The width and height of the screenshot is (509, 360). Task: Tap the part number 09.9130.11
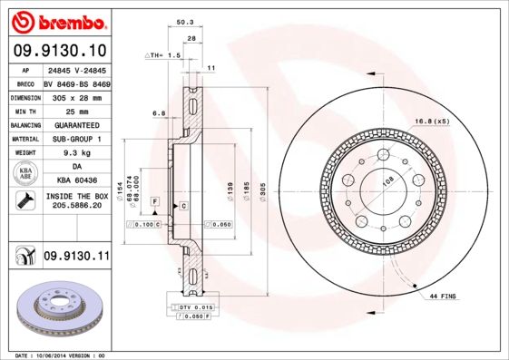[76, 257]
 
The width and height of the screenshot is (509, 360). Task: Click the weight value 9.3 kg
[76, 154]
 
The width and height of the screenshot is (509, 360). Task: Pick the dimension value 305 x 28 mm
[76, 95]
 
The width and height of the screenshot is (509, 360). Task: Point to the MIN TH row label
[24, 110]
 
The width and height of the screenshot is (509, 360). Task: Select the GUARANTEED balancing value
[76, 124]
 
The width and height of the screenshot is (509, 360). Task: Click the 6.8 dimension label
[159, 112]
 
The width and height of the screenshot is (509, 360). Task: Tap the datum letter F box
[154, 199]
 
